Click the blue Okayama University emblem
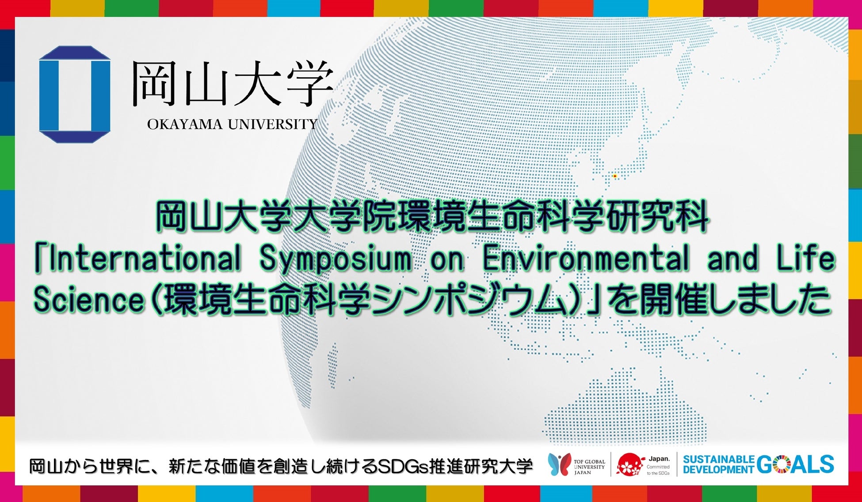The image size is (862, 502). tap(74, 94)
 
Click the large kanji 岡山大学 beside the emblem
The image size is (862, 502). tap(233, 84)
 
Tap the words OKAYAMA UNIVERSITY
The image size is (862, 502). tap(233, 125)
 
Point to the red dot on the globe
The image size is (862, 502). tap(614, 176)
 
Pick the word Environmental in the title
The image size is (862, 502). tap(586, 259)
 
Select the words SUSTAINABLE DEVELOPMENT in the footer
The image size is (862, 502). tap(719, 465)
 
